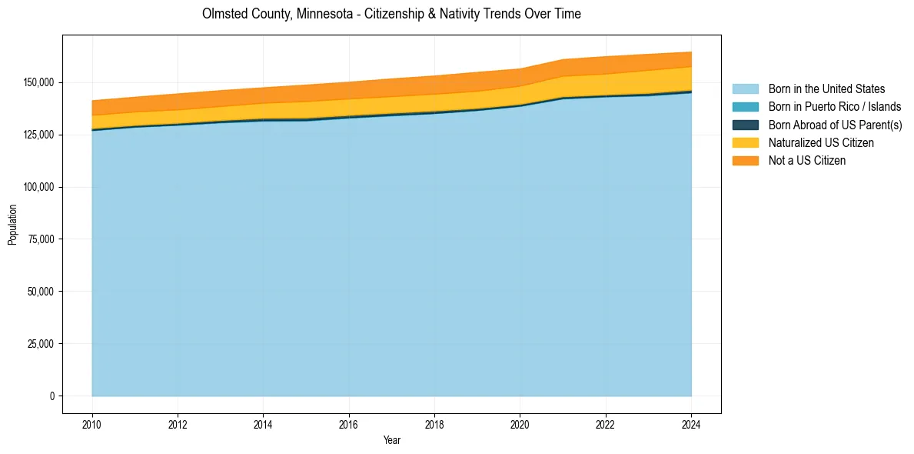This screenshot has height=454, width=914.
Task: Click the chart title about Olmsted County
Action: [x=391, y=14]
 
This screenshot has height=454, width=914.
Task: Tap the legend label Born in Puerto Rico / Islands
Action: [x=835, y=107]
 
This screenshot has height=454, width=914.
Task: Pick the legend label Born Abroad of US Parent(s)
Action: [x=835, y=125]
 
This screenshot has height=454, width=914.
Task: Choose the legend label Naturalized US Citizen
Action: [x=821, y=142]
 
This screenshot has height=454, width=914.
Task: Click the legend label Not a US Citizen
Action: [x=807, y=160]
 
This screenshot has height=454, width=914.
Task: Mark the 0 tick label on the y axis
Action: [x=53, y=396]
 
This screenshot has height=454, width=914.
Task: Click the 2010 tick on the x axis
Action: [x=91, y=424]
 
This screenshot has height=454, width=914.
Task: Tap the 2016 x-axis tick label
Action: [x=349, y=424]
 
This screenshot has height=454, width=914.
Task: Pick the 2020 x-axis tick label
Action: [x=520, y=424]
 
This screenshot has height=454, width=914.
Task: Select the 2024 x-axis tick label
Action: [x=692, y=424]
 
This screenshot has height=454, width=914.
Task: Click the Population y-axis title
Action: [x=12, y=225]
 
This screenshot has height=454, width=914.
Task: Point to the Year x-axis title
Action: [x=391, y=441]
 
